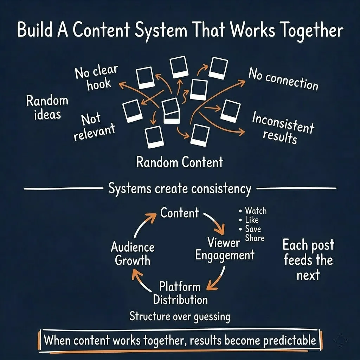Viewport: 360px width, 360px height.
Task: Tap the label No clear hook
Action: [x=96, y=78]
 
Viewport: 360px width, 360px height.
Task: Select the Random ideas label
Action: [x=47, y=107]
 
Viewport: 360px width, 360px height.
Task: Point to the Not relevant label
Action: [x=94, y=127]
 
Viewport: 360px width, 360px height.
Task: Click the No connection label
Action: [x=283, y=79]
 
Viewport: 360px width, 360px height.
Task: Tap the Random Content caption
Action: [x=179, y=162]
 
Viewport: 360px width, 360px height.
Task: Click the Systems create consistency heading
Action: [x=179, y=189]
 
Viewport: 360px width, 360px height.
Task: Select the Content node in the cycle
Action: [x=179, y=213]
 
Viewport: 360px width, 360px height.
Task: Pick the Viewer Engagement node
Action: [x=224, y=249]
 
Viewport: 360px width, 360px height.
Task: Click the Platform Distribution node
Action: [x=180, y=293]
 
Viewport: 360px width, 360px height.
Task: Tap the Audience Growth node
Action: [x=133, y=254]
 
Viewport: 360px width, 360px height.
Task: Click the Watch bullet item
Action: [x=255, y=211]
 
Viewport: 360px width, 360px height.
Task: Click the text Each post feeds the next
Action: [x=308, y=260]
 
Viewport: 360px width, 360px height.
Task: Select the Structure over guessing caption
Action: [x=180, y=316]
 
